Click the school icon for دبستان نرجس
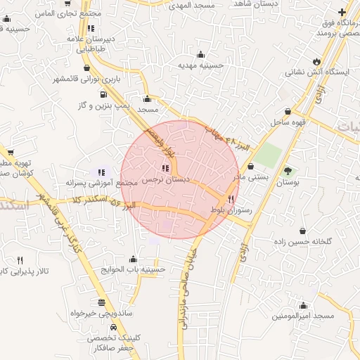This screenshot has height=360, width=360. (x=165, y=169)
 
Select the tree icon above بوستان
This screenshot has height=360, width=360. (x=288, y=170)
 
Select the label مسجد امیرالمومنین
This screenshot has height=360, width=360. (x=303, y=316)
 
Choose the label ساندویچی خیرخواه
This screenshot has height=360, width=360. (x=101, y=314)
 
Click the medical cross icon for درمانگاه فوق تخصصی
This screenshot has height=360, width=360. (x=342, y=13)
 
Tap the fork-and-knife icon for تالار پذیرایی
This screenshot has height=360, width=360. (x=19, y=260)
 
